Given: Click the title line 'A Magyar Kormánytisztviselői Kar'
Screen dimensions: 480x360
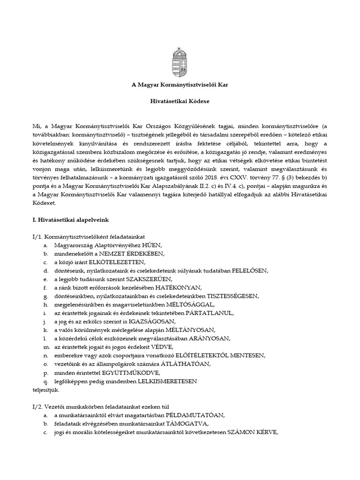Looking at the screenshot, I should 180,85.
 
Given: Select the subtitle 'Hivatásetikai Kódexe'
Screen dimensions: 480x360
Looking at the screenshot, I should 180,101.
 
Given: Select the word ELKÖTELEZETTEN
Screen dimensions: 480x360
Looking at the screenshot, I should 120,262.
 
